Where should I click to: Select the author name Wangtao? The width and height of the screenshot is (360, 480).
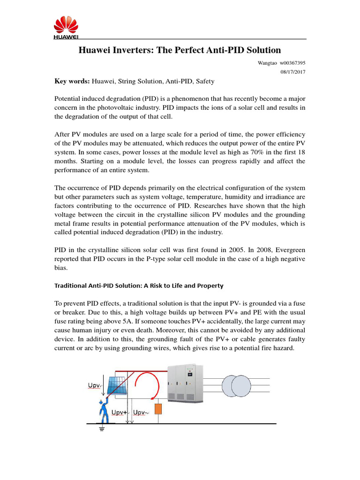[x=267, y=62]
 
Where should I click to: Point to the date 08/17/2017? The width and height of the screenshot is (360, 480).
[x=292, y=71]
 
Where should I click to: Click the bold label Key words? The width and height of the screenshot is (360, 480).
[x=72, y=81]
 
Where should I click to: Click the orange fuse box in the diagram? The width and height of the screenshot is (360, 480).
[x=158, y=410]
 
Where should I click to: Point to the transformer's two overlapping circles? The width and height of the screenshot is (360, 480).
[x=238, y=386]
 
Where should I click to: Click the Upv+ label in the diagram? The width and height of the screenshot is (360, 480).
[x=119, y=412]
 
